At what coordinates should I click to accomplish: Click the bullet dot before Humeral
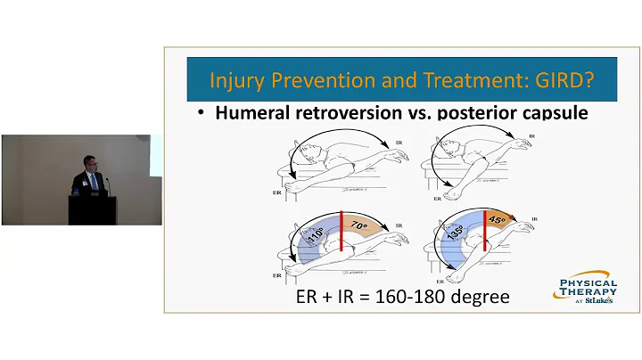[x=202, y=115]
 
